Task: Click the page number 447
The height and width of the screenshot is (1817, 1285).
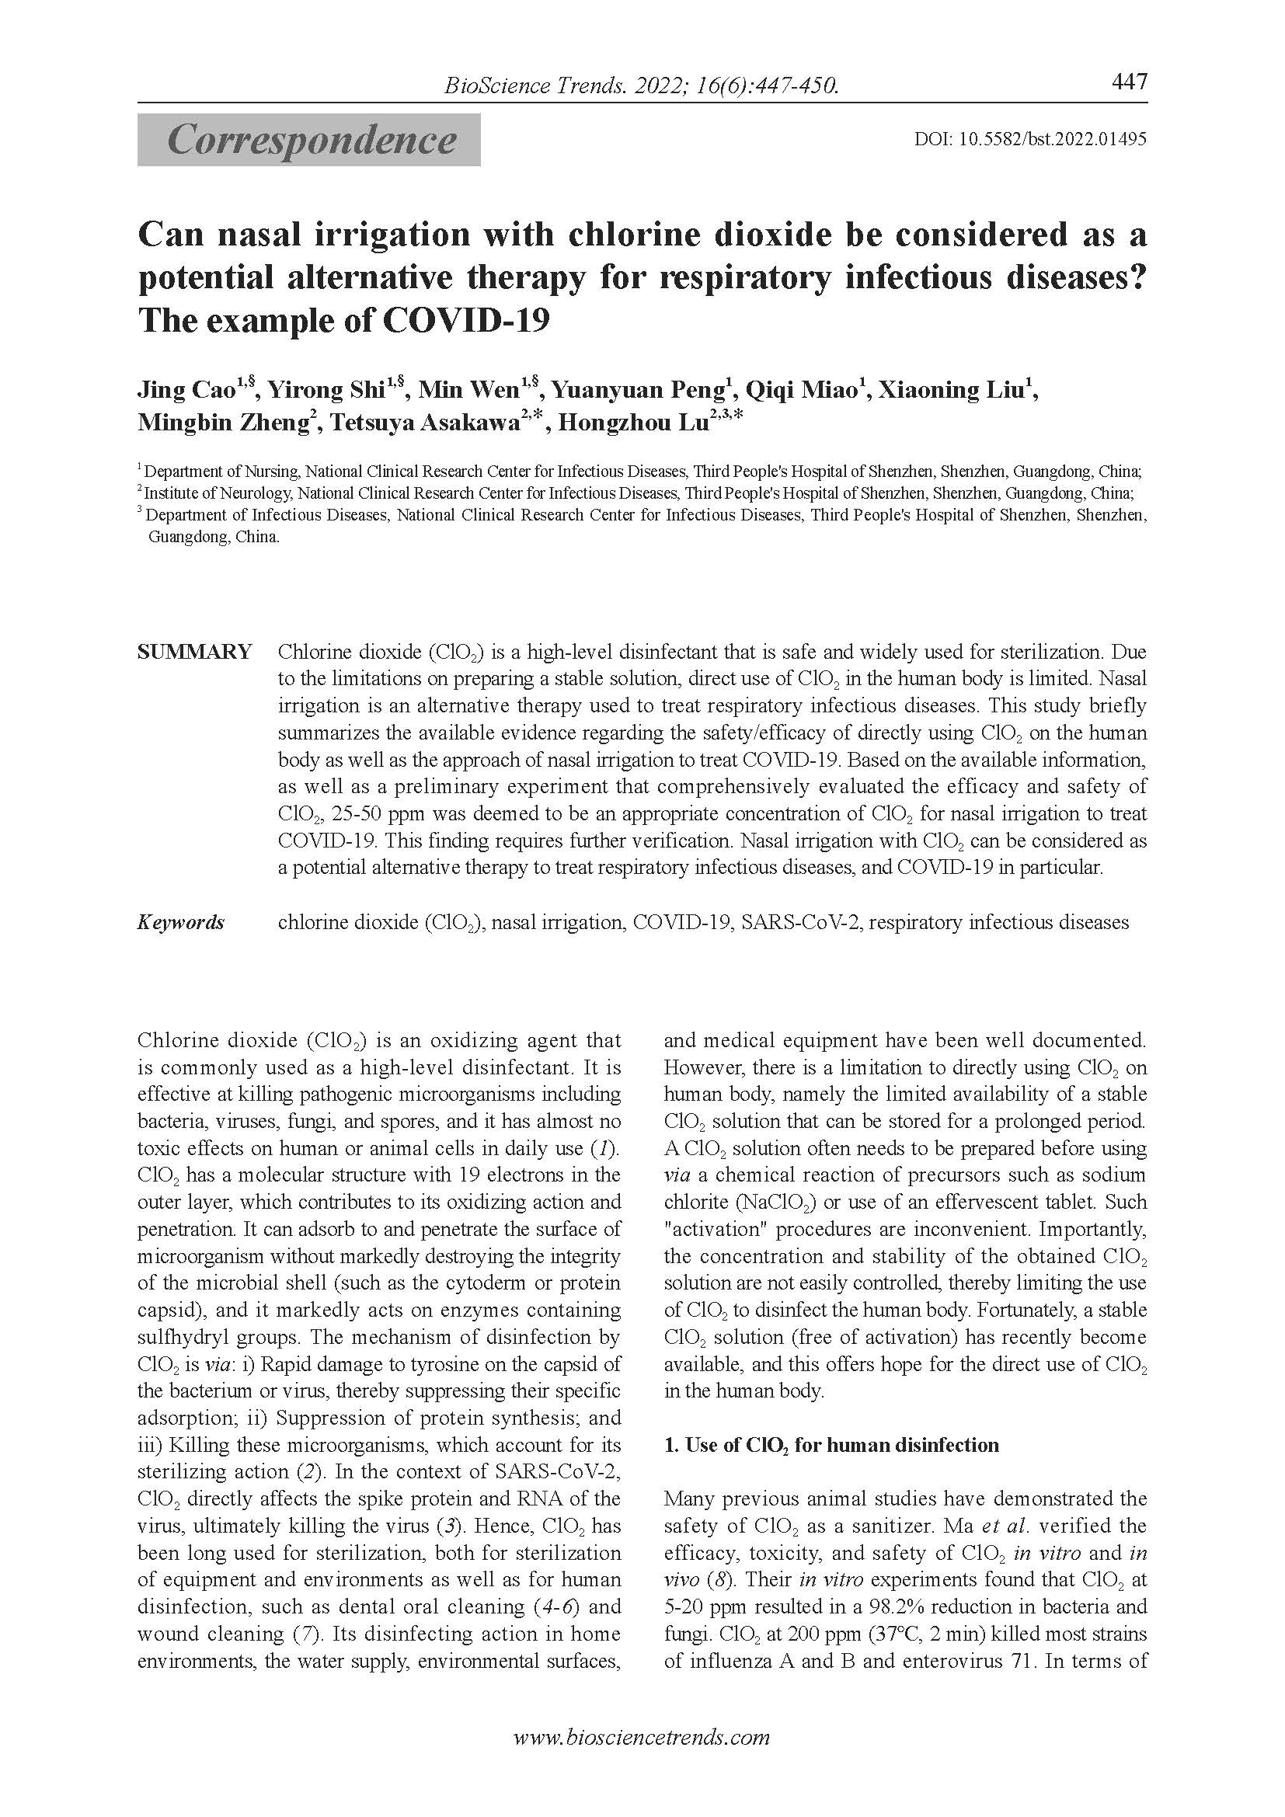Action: tap(1129, 82)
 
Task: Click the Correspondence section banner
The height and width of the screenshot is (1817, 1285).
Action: tap(309, 140)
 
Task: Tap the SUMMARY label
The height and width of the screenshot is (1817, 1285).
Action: tap(195, 652)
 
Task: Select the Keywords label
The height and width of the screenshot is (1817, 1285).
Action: tap(181, 922)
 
